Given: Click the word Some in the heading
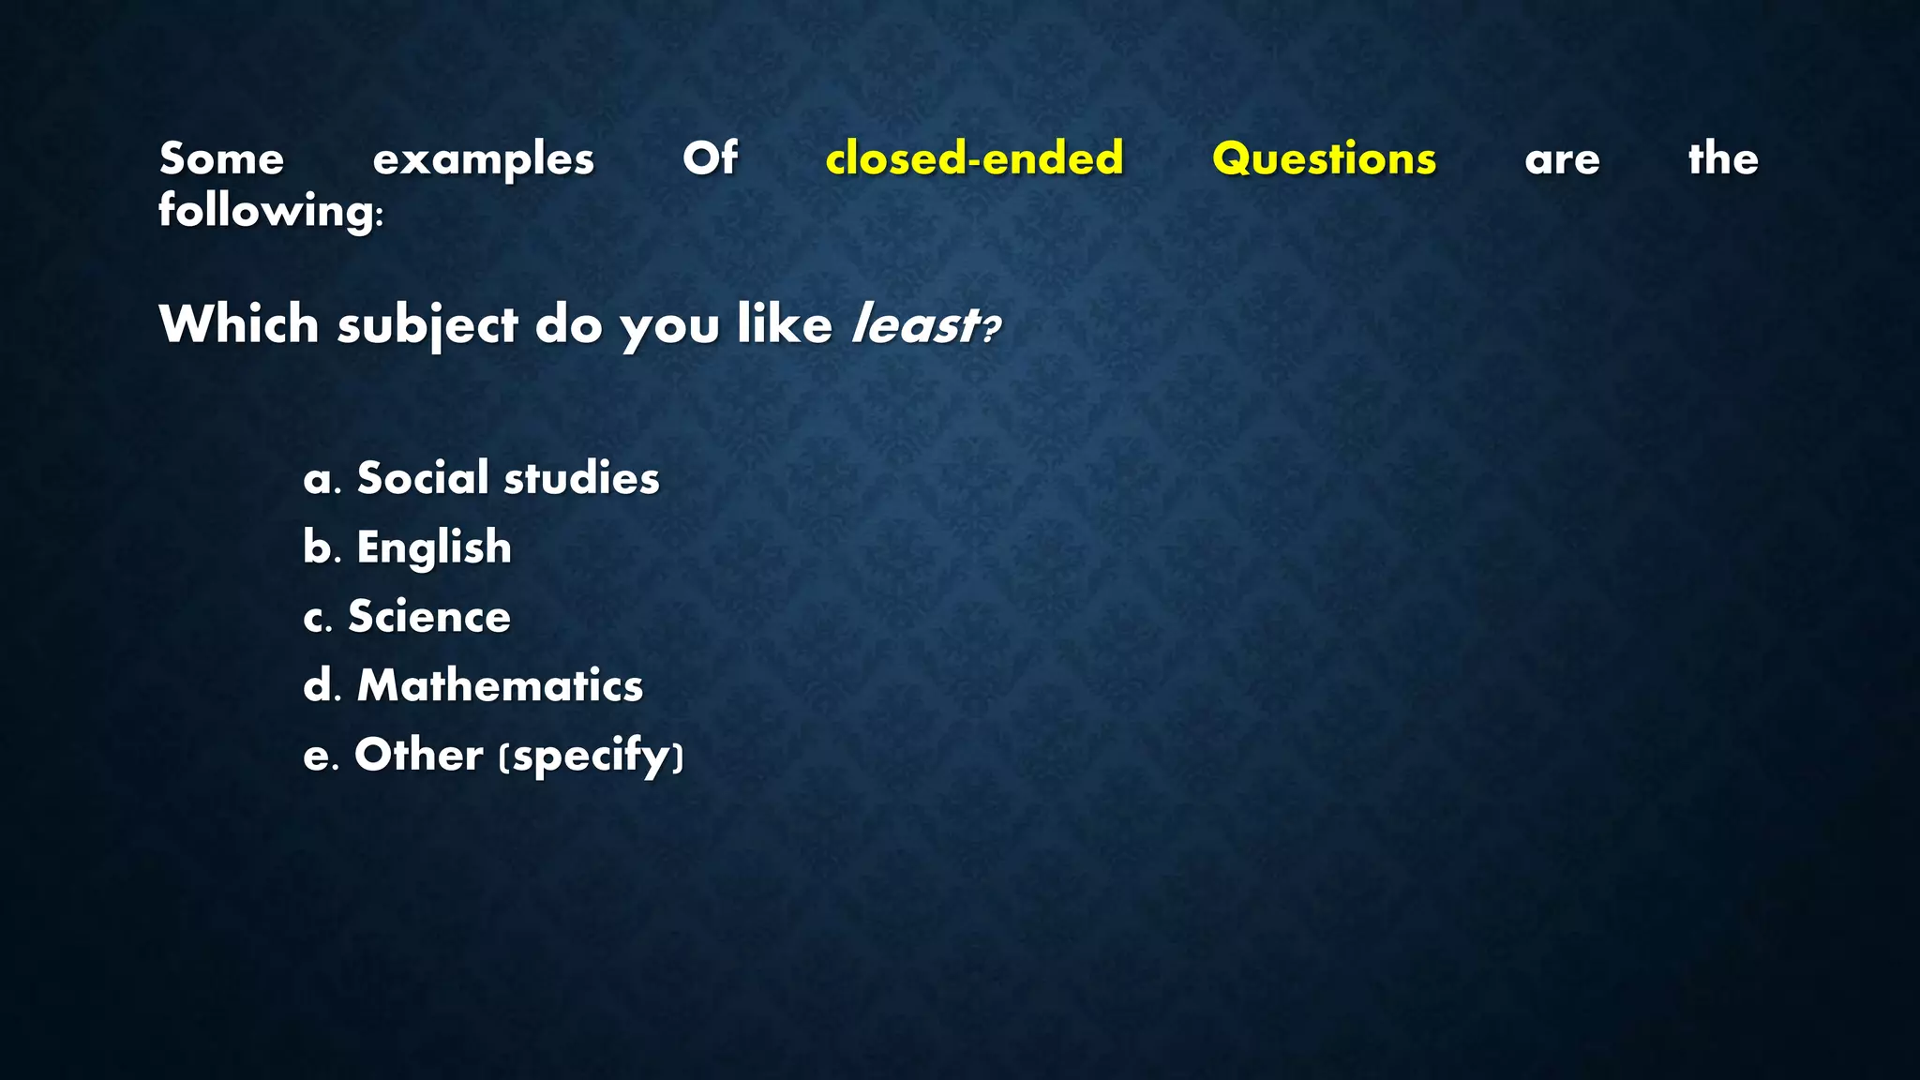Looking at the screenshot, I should click(221, 158).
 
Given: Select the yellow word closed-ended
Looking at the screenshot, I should click(974, 157).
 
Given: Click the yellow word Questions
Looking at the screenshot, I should click(1324, 158).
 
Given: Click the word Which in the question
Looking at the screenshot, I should click(239, 324).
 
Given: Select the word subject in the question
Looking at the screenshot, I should click(427, 326).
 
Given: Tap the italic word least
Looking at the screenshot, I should click(912, 325).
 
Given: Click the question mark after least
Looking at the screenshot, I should click(991, 329).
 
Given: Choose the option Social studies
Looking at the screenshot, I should click(508, 478).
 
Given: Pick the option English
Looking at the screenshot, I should click(434, 547).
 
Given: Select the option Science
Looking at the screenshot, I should click(429, 617).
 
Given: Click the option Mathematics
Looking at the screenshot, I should click(500, 685).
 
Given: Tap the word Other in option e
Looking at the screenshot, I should click(418, 755).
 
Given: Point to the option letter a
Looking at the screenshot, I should click(318, 480).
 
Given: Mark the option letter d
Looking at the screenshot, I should click(319, 685).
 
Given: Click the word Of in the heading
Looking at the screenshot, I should click(710, 157).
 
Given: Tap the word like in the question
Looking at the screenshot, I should click(785, 324).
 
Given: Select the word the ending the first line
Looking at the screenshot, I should click(1723, 157).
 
